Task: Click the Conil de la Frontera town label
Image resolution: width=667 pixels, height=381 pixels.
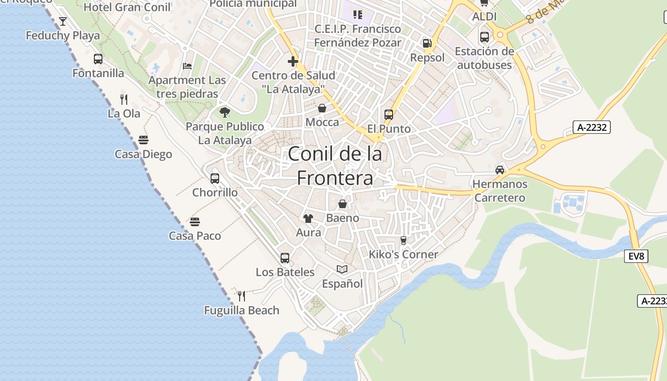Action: pos(335,166)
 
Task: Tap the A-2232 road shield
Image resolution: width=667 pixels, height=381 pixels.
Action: pos(591,127)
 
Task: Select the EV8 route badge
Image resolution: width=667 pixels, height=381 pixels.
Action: pos(636,256)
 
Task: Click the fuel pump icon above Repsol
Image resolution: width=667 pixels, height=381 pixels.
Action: pos(427,43)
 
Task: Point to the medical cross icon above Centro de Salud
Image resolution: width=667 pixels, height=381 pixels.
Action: pos(293,61)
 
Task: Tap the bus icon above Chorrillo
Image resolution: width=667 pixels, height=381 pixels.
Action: pos(215,179)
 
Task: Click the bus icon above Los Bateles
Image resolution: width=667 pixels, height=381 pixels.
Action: pos(285,258)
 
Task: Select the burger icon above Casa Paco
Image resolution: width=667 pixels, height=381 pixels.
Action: pos(195,221)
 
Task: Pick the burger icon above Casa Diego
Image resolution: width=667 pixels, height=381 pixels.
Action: pos(143,140)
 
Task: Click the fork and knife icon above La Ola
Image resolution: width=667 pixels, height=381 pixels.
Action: pos(124,99)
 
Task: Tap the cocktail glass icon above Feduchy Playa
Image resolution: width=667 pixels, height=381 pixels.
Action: pos(62,21)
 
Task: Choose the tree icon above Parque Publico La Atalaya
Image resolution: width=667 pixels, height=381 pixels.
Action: pos(225,112)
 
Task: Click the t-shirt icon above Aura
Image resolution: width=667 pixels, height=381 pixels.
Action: pos(308,219)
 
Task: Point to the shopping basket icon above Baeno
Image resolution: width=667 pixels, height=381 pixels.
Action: pos(343,204)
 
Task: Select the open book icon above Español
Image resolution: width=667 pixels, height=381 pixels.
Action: pos(342,270)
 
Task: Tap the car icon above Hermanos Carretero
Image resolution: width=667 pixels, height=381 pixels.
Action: pos(500,170)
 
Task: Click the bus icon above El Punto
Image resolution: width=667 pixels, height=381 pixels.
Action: pos(389,115)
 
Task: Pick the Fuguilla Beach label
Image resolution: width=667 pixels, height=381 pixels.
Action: pos(242,311)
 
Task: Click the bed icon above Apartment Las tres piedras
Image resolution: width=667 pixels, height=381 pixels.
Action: pos(187,66)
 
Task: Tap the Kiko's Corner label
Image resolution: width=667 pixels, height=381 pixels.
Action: pos(403,254)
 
